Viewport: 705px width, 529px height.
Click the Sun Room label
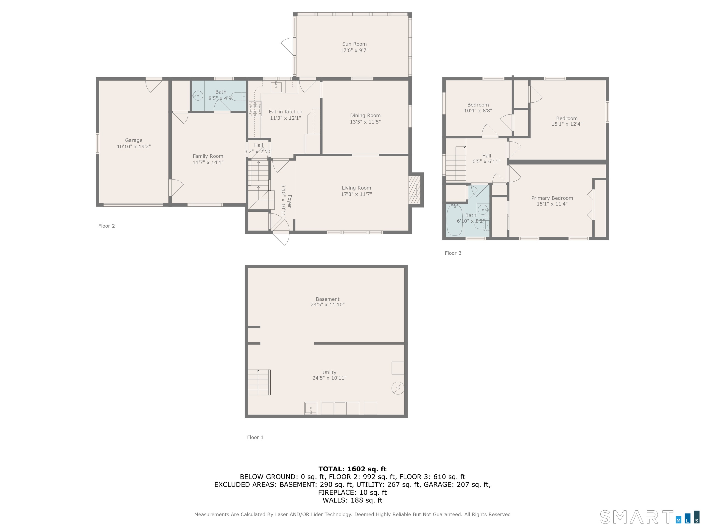coord(354,44)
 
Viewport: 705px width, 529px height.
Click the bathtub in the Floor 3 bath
coord(454,220)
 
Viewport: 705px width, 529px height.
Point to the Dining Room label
coord(365,115)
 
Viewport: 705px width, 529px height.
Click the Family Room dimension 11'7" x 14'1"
coord(208,163)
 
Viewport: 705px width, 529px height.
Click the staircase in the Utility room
coord(259,382)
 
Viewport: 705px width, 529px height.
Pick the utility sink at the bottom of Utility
coord(311,408)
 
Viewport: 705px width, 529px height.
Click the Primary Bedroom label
coord(552,198)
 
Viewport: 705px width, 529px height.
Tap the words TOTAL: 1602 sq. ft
coord(352,469)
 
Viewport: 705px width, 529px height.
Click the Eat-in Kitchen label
coord(285,112)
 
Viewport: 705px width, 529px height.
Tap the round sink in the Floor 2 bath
coord(198,95)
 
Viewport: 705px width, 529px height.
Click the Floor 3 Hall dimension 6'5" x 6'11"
coord(486,161)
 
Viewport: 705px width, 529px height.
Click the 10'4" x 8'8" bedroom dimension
coord(478,111)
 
